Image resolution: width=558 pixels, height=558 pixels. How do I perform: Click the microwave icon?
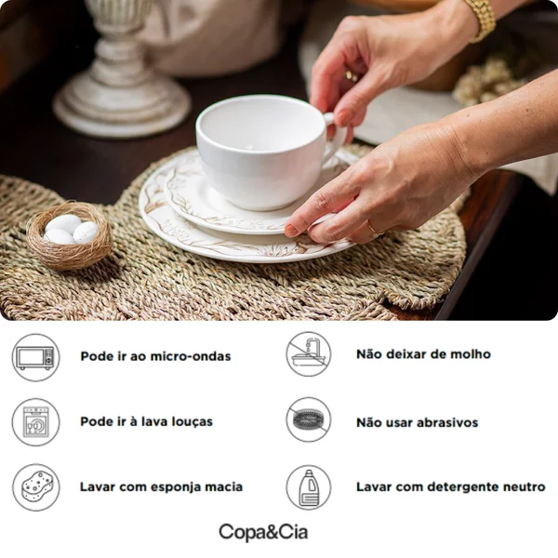(36, 357)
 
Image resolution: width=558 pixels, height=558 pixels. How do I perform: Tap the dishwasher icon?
(36, 422)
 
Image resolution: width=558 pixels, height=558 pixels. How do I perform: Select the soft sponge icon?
(36, 487)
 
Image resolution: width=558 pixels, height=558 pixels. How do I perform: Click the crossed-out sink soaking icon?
(309, 354)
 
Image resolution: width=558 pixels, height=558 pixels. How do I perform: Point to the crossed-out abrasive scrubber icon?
(309, 420)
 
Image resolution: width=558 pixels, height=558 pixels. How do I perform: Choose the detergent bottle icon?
(309, 487)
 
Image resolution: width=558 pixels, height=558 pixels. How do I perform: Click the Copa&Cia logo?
(263, 533)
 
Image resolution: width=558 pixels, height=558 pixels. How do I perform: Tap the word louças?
(193, 421)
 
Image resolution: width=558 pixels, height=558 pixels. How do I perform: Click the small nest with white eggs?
(70, 235)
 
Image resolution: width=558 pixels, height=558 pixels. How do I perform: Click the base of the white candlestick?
(122, 103)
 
